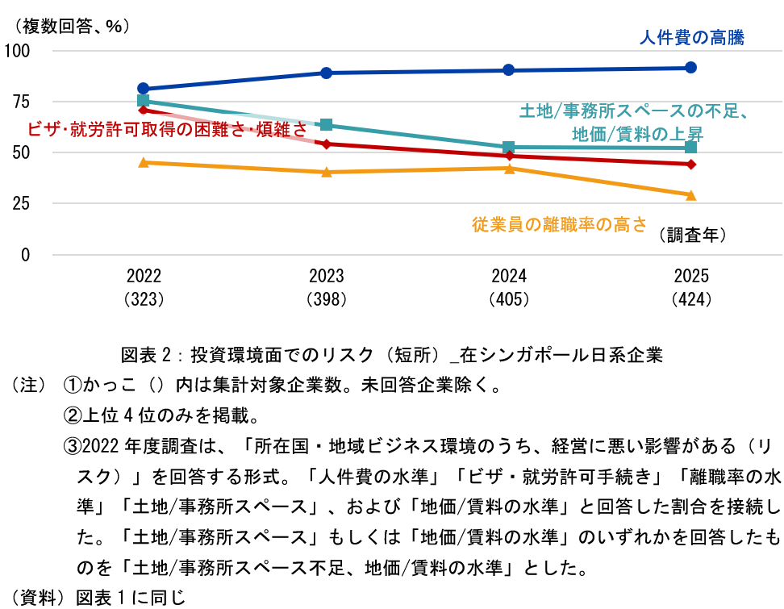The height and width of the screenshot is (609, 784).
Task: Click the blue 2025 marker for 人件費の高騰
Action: [690, 68]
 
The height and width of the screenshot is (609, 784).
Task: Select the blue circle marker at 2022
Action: [144, 89]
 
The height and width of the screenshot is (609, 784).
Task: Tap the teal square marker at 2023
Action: [326, 124]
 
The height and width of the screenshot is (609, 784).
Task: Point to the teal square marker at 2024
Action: [508, 148]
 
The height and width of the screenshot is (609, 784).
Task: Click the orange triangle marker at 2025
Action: [690, 194]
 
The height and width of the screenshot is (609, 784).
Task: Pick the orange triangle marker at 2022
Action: [144, 162]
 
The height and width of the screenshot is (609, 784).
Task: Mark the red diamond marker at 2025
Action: [690, 165]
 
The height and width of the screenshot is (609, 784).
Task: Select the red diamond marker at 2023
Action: [326, 144]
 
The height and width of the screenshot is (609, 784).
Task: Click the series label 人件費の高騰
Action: [691, 37]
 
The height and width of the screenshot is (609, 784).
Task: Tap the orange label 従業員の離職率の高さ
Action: [559, 225]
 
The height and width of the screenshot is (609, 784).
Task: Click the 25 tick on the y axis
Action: [21, 203]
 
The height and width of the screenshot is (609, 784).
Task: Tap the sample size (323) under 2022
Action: [144, 299]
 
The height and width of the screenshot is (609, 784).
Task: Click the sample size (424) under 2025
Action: [690, 299]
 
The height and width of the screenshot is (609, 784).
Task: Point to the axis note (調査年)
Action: [692, 235]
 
